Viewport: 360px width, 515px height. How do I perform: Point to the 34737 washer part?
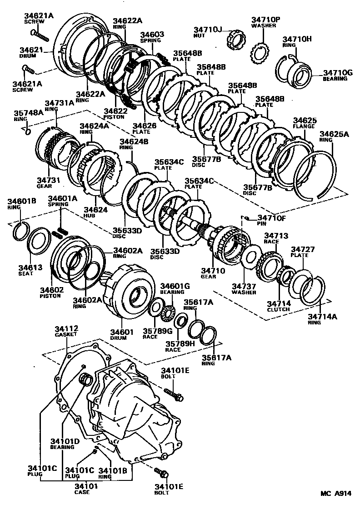(249, 257)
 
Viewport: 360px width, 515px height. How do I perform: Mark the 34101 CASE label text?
(85, 489)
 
